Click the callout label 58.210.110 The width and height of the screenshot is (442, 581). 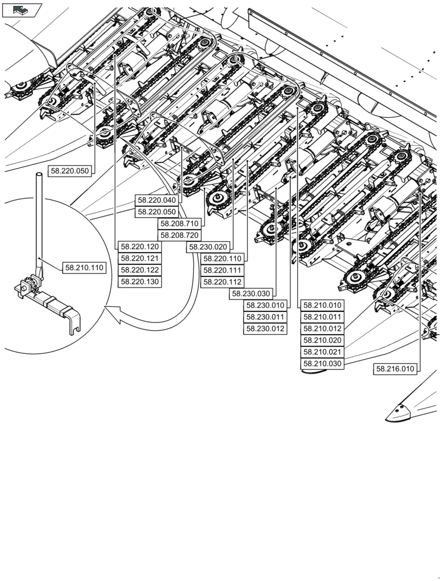pyautogui.click(x=84, y=268)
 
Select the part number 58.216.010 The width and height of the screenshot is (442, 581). pyautogui.click(x=395, y=368)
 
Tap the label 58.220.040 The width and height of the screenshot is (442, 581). pyautogui.click(x=156, y=200)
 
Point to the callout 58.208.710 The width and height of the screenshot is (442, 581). pyautogui.click(x=180, y=224)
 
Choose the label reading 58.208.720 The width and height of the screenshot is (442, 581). pyautogui.click(x=180, y=235)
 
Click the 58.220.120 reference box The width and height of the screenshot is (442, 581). pyautogui.click(x=140, y=246)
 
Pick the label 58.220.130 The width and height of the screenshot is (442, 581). pyautogui.click(x=140, y=282)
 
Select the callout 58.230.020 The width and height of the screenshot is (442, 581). pyautogui.click(x=208, y=247)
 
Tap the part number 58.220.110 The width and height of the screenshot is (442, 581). pyautogui.click(x=222, y=259)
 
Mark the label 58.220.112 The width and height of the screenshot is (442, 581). pyautogui.click(x=222, y=282)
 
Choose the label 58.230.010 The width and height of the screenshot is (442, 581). pyautogui.click(x=265, y=306)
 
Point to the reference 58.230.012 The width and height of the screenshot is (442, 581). pyautogui.click(x=265, y=329)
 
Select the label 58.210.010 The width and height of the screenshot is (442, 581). pyautogui.click(x=322, y=305)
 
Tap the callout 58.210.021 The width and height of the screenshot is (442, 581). pyautogui.click(x=322, y=352)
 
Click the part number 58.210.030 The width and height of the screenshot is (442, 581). pyautogui.click(x=322, y=364)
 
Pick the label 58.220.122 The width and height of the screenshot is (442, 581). pyautogui.click(x=140, y=270)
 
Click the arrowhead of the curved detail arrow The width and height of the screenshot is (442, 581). pyautogui.click(x=110, y=317)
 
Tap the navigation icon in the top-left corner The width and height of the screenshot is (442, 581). pyautogui.click(x=22, y=9)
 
